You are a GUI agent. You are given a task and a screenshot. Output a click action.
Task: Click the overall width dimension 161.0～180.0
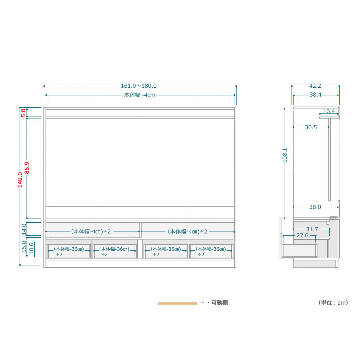[x=139, y=86]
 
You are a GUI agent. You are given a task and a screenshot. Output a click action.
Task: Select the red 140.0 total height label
[x=20, y=180]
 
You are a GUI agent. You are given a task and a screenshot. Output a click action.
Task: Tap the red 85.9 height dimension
[x=27, y=168]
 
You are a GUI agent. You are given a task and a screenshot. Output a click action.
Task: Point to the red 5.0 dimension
[x=23, y=113]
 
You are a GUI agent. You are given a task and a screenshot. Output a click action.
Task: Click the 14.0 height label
[x=24, y=229]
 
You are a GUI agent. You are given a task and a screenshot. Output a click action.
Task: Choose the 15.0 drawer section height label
[x=24, y=247]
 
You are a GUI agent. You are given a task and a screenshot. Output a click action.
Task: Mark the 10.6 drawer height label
[x=31, y=248]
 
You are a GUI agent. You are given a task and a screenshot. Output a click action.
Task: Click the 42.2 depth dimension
[x=315, y=86]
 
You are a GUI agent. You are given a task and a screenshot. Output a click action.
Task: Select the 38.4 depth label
[x=315, y=95]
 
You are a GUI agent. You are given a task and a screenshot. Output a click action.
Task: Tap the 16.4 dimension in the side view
[x=329, y=112]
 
